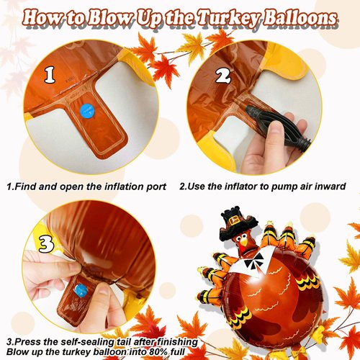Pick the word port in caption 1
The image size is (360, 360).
click(156, 186)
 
